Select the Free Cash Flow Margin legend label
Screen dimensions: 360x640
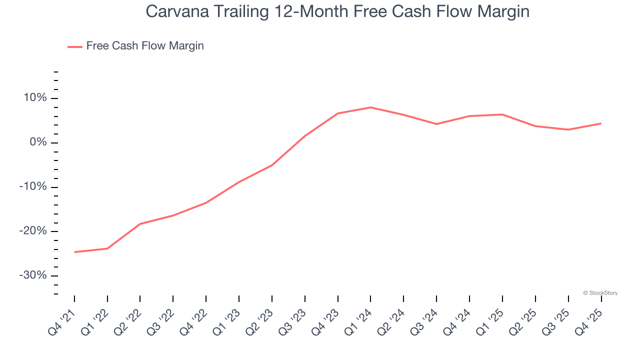pyautogui.click(x=145, y=46)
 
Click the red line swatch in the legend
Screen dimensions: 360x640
pyautogui.click(x=75, y=46)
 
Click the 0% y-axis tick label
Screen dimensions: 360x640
pyautogui.click(x=37, y=142)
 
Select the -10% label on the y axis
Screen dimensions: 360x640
pyautogui.click(x=33, y=187)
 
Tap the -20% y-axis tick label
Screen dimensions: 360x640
pyautogui.click(x=33, y=231)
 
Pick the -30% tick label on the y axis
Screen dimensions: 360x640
pyautogui.click(x=33, y=276)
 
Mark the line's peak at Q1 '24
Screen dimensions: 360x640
pyautogui.click(x=370, y=107)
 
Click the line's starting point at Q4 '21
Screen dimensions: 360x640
pyautogui.click(x=74, y=252)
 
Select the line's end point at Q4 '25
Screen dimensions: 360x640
pyautogui.click(x=601, y=123)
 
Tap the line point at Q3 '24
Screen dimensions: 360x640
pyautogui.click(x=436, y=124)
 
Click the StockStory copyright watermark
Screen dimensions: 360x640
pyautogui.click(x=600, y=293)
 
